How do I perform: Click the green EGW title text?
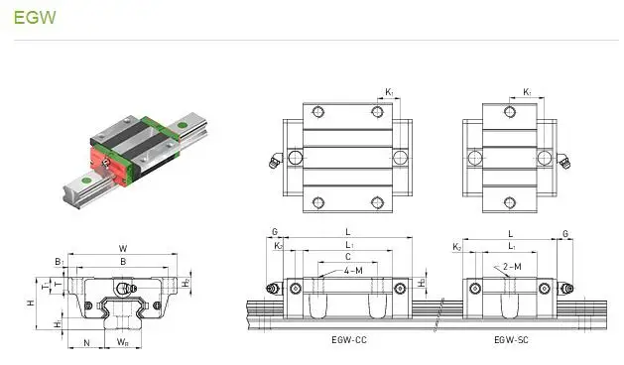click(29, 19)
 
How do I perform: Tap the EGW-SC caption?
click(513, 339)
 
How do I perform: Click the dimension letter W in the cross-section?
click(122, 248)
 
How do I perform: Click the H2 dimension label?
click(187, 284)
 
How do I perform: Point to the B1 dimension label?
click(59, 263)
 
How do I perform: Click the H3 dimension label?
click(423, 283)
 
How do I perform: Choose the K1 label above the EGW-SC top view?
click(528, 92)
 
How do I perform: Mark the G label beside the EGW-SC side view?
click(566, 233)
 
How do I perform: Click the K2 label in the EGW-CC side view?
click(279, 245)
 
